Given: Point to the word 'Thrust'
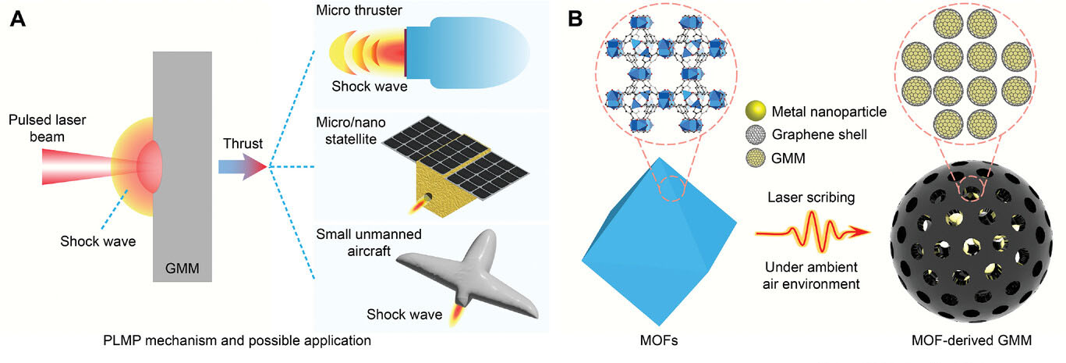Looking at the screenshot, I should click(x=243, y=143).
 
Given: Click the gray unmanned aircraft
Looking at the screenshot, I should click(x=468, y=269).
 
